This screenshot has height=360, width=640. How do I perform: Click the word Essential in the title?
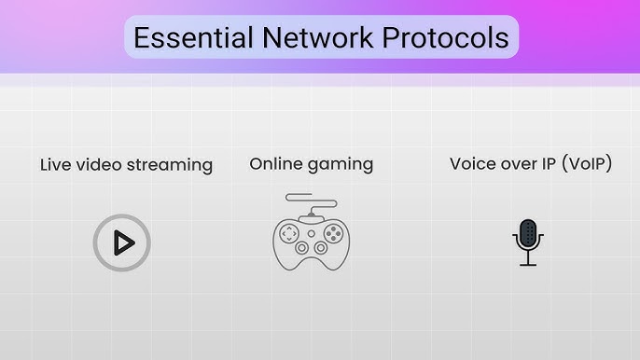coord(192,37)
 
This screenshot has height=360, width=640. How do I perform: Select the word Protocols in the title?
coord(445,37)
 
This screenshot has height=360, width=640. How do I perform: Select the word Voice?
coord(473,164)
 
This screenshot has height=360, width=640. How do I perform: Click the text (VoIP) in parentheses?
coord(583,164)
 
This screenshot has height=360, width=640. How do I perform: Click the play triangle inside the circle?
coord(122,243)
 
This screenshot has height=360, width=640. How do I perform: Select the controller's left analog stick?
coord(301,249)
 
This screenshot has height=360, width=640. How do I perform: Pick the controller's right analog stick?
coord(322,249)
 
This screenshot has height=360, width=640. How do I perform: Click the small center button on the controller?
coord(312,229)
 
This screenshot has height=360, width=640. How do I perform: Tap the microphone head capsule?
coord(528,234)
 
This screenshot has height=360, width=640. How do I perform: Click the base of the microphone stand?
coord(528,265)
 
